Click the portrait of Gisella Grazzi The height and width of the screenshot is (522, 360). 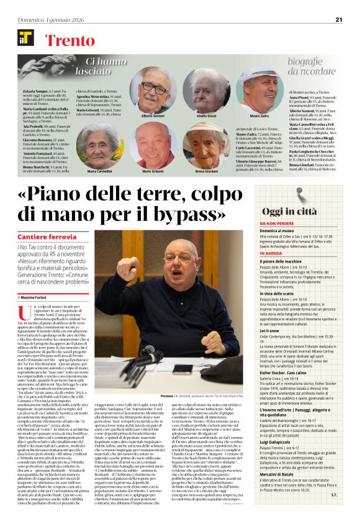(207, 91)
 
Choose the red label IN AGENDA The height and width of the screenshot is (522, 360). (272, 253)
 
